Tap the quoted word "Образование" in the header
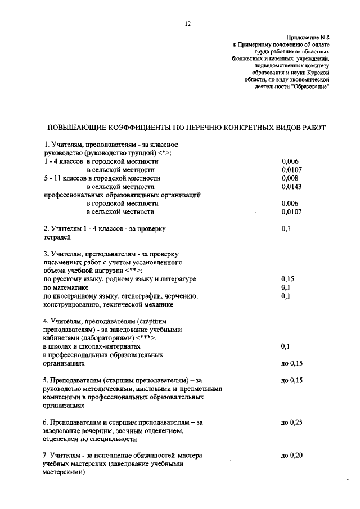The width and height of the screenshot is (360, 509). (310, 87)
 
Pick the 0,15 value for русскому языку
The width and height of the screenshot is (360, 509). (288, 278)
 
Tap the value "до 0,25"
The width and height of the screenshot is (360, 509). (291, 421)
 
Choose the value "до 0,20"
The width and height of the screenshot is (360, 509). (291, 455)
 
